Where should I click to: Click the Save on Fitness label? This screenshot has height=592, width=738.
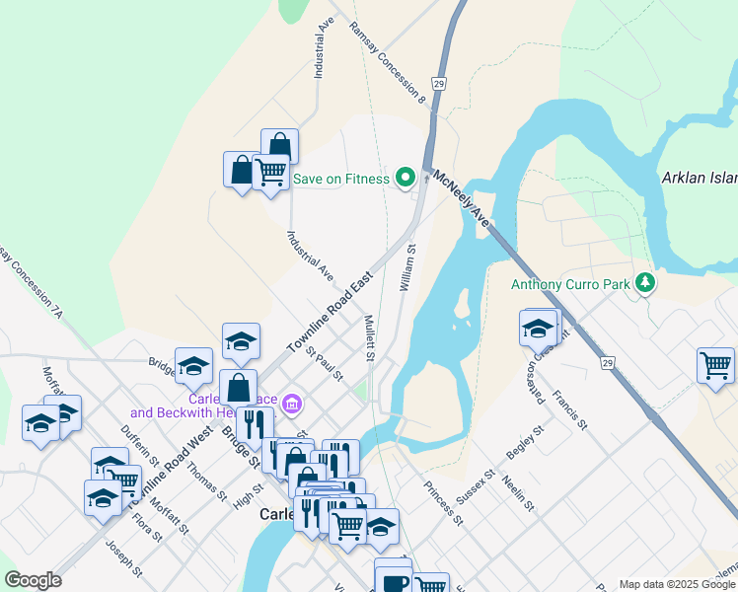[340, 179]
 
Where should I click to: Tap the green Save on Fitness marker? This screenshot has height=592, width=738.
[405, 179]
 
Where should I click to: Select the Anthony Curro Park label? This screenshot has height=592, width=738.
[570, 284]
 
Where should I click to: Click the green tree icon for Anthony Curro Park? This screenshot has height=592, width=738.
[645, 284]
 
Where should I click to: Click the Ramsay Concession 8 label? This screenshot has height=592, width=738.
[387, 63]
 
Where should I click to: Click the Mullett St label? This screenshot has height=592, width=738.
[369, 338]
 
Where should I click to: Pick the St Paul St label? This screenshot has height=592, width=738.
[324, 363]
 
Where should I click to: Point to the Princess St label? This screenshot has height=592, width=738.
[443, 502]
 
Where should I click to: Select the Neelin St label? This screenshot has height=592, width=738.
[518, 494]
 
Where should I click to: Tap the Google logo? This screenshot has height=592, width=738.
[33, 580]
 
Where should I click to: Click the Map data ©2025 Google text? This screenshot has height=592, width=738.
[677, 584]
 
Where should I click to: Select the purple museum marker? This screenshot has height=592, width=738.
[291, 404]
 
